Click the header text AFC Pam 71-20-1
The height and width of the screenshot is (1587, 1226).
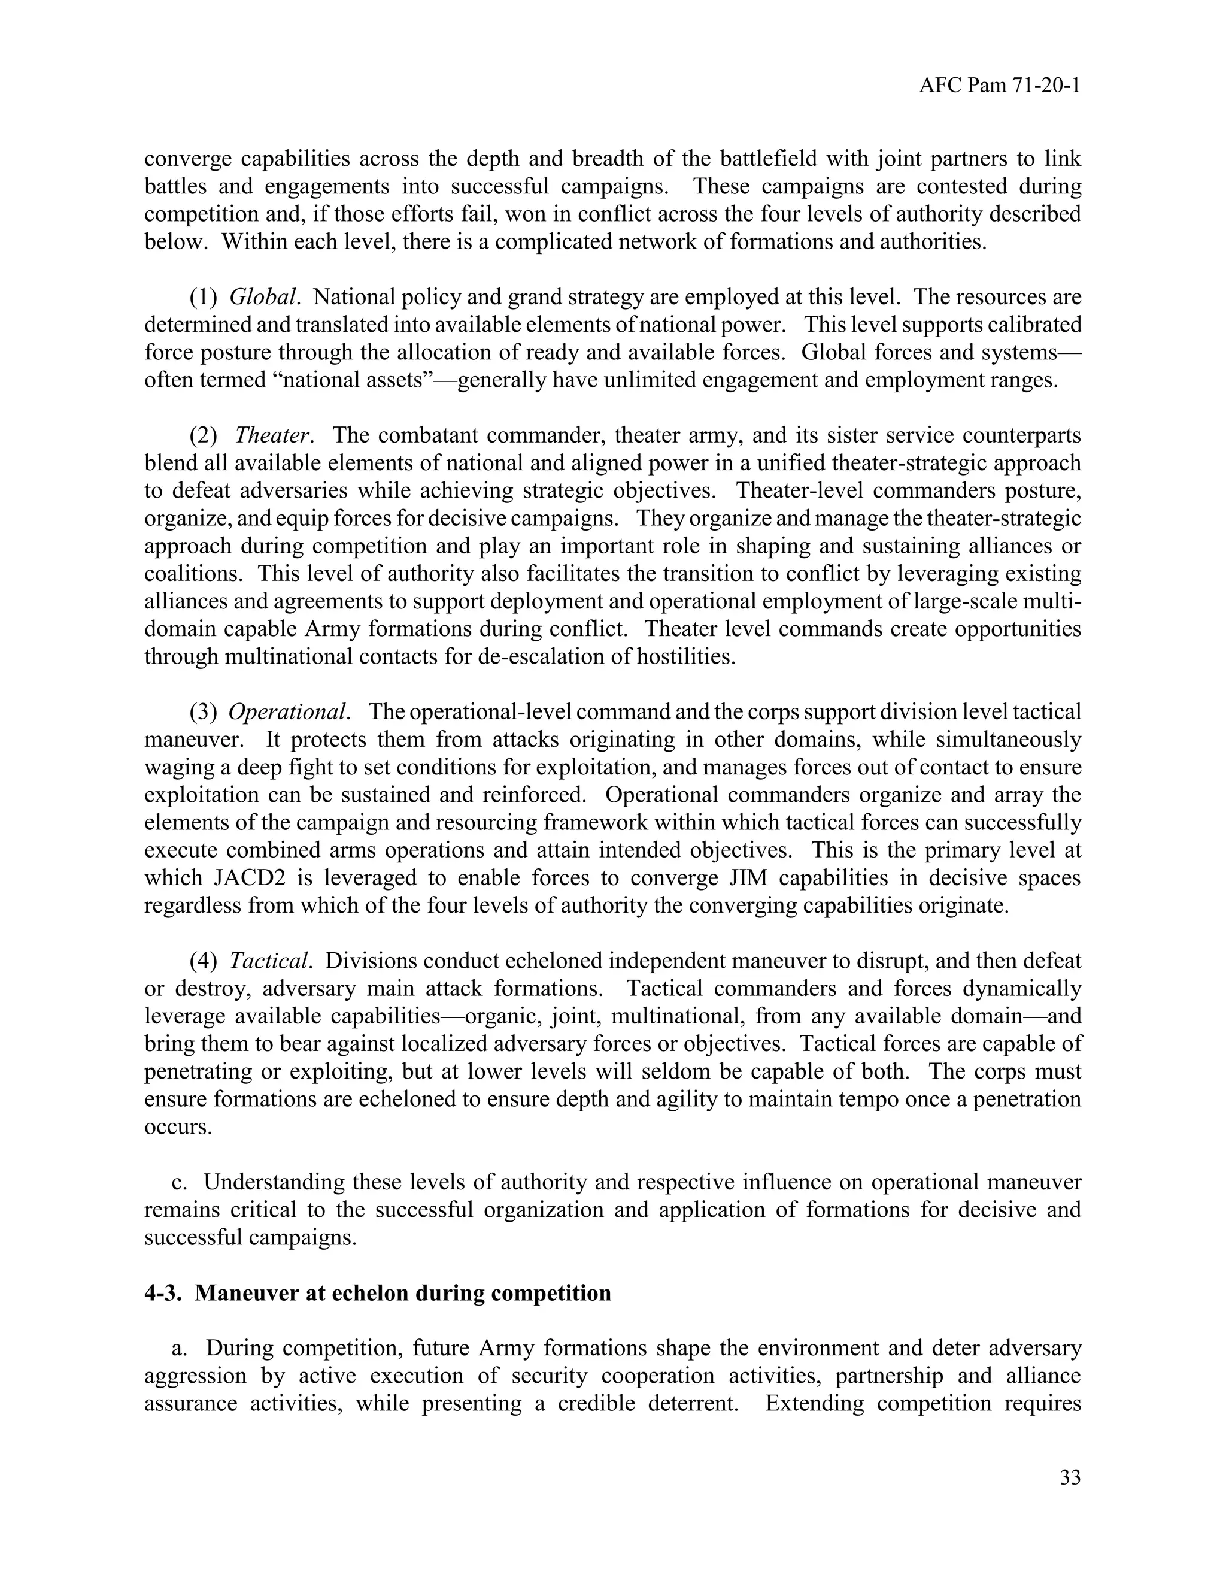click(x=999, y=86)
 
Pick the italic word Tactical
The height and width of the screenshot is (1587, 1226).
click(x=270, y=961)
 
